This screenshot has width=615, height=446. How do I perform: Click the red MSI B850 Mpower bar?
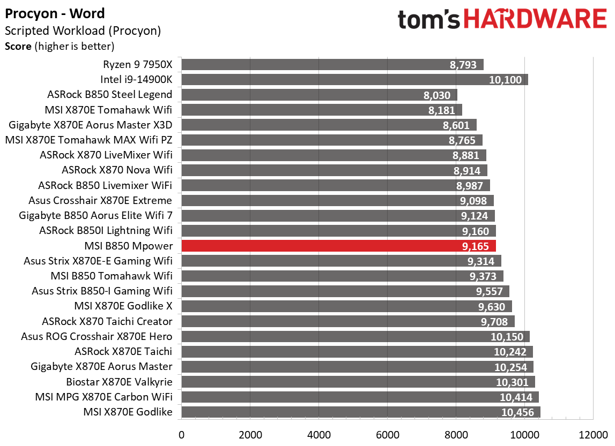pyautogui.click(x=338, y=246)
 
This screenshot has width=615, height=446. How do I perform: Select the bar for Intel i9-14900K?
pyautogui.click(x=354, y=80)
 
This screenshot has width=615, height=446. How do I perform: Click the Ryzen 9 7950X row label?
pyautogui.click(x=138, y=65)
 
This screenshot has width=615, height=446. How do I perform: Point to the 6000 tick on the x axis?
pyautogui.click(x=387, y=433)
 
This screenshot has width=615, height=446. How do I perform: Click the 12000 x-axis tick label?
pyautogui.click(x=592, y=433)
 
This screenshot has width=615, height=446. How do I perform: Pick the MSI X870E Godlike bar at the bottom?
pyautogui.click(x=360, y=412)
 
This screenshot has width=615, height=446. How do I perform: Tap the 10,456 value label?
pyautogui.click(x=519, y=412)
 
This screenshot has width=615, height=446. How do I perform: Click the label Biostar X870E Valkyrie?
pyautogui.click(x=119, y=382)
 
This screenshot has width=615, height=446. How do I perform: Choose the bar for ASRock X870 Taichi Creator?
pyautogui.click(x=347, y=322)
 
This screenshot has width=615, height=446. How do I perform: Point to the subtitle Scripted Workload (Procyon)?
pyautogui.click(x=83, y=31)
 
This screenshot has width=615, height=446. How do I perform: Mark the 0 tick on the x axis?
pyautogui.click(x=181, y=433)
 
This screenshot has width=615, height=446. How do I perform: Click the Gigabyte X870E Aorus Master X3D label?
pyautogui.click(x=91, y=125)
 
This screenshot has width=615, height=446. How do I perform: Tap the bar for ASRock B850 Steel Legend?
pyautogui.click(x=319, y=95)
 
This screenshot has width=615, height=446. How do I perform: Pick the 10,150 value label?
pyautogui.click(x=509, y=337)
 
